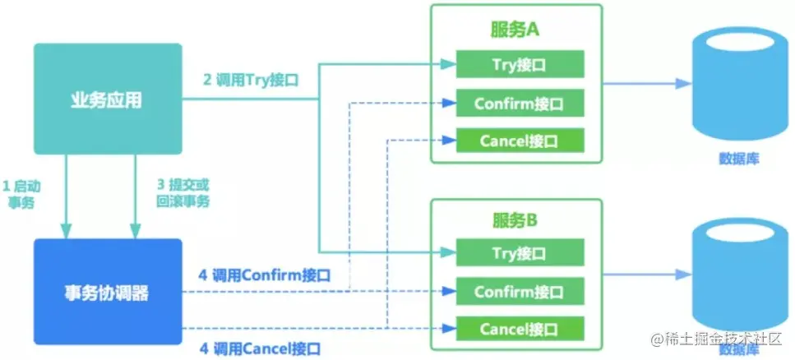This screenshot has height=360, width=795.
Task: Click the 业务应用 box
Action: pyautogui.click(x=106, y=99)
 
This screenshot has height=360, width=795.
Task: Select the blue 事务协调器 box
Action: pyautogui.click(x=106, y=292)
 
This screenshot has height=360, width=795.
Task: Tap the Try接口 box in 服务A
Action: pyautogui.click(x=520, y=64)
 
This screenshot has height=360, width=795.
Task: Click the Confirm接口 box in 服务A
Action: pyautogui.click(x=520, y=104)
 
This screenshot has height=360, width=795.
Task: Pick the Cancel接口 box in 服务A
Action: pyautogui.click(x=520, y=141)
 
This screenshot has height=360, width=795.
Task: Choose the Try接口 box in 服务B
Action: pyautogui.click(x=520, y=252)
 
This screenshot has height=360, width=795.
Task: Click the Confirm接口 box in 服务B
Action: pyautogui.click(x=520, y=291)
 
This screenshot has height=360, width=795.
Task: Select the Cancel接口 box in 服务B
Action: pyautogui.click(x=520, y=329)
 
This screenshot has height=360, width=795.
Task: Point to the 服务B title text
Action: pyautogui.click(x=515, y=220)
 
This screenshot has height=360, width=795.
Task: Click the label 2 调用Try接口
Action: pyautogui.click(x=250, y=81)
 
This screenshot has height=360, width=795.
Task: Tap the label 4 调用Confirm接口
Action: pyautogui.click(x=265, y=275)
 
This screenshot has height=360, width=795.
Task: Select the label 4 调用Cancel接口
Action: pyautogui.click(x=260, y=347)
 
